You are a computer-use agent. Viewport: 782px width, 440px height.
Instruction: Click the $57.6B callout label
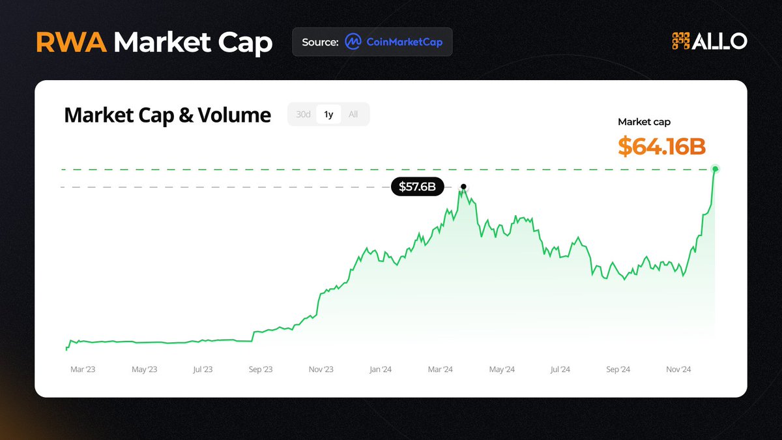coord(417,187)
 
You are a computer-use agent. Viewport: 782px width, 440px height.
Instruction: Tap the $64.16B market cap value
coord(661,147)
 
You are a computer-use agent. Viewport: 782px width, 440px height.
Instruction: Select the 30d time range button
coord(303,114)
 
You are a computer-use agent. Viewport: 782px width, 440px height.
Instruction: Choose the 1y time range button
coord(328,114)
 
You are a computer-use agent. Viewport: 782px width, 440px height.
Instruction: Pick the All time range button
coord(353,114)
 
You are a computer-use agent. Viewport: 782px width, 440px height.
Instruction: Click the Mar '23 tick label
coord(83,370)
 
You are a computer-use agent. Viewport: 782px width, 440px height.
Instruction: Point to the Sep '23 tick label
coord(260,370)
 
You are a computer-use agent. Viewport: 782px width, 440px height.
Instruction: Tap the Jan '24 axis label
coord(380,370)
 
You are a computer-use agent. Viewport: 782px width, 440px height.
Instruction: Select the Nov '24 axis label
coord(678,370)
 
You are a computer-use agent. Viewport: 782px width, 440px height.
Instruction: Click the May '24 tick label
coord(501,370)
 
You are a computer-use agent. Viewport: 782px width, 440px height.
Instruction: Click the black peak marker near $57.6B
coord(463,186)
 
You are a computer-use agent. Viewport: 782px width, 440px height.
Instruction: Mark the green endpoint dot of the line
coord(716,169)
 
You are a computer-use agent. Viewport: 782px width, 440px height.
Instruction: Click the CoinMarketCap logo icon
coord(353,42)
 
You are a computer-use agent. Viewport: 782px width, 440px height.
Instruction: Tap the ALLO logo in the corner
coord(709,41)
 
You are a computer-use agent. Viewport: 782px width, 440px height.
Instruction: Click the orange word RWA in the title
coord(71,42)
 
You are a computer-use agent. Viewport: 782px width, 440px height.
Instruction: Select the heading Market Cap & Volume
coord(167,115)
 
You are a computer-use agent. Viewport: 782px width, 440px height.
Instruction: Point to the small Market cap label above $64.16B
coord(644,122)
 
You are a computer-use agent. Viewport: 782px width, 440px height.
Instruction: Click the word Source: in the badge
coord(320,42)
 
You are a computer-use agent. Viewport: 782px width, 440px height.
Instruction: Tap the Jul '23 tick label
coord(203,370)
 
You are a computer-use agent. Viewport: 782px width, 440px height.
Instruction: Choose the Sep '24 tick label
coord(618,370)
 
